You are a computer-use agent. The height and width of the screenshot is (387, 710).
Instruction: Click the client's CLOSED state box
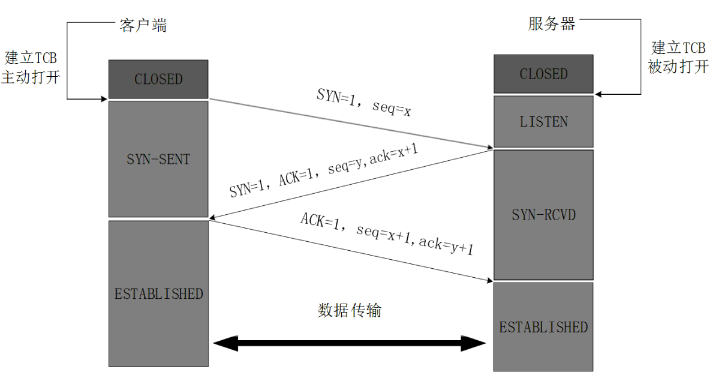click(x=158, y=79)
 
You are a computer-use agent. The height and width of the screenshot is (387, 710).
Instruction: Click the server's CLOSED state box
click(x=543, y=74)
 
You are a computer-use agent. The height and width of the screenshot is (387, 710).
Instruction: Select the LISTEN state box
click(x=543, y=121)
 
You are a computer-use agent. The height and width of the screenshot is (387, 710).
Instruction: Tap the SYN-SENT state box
click(x=158, y=158)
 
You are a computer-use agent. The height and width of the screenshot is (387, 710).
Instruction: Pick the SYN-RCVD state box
click(x=543, y=215)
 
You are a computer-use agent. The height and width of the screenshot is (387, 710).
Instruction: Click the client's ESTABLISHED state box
click(x=158, y=293)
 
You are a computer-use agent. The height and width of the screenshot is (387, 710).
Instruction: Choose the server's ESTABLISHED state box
click(x=543, y=327)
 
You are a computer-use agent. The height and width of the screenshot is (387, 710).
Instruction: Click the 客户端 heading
click(x=143, y=25)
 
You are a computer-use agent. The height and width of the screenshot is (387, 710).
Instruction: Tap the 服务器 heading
click(x=552, y=23)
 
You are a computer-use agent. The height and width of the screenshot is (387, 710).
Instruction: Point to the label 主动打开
click(x=31, y=77)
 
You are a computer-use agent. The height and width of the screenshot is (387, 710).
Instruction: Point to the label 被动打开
click(x=678, y=67)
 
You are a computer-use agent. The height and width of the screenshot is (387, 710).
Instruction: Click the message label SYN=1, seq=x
click(x=363, y=103)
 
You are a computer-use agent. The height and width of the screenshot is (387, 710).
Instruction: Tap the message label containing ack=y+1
click(x=387, y=234)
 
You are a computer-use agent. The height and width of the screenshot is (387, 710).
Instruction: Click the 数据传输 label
click(x=350, y=310)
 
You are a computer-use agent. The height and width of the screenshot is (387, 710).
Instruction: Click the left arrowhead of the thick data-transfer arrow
click(x=225, y=343)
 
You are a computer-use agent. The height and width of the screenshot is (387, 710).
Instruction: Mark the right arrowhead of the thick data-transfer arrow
click(x=474, y=343)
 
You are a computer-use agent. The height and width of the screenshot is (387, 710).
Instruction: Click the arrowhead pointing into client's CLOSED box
click(x=104, y=99)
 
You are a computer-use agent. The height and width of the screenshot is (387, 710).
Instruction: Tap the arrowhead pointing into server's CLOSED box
click(x=598, y=94)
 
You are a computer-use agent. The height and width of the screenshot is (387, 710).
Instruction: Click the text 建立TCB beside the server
click(x=678, y=47)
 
